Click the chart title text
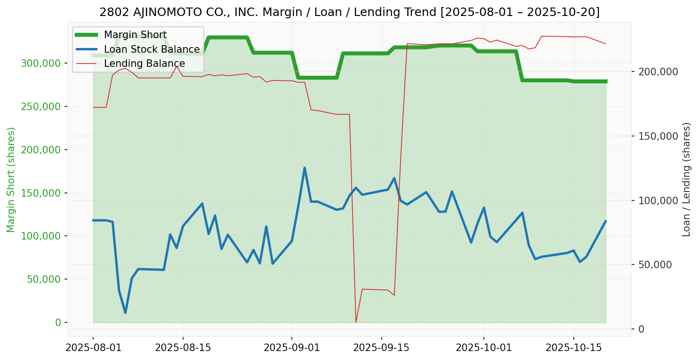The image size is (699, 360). [x=349, y=12]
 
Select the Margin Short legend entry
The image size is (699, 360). [x=135, y=35]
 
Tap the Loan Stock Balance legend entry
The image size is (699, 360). [x=152, y=49]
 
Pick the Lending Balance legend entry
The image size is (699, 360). [x=144, y=64]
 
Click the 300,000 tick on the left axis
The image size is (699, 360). [x=41, y=63]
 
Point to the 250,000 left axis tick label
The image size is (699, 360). [x=41, y=106]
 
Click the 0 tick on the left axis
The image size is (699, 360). [x=58, y=322]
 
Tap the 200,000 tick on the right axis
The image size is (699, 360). [x=658, y=72]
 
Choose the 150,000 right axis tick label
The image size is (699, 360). [x=658, y=136]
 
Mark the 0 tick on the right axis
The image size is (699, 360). [x=641, y=329]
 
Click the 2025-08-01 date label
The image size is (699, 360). [x=93, y=348]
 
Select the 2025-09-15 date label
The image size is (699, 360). [x=381, y=348]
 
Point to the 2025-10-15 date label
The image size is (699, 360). [x=573, y=348]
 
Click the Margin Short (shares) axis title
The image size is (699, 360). [x=11, y=179]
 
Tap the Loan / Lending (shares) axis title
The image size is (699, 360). [x=687, y=179]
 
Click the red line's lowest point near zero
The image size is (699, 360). [x=356, y=322]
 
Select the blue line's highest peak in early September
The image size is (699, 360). [x=305, y=168]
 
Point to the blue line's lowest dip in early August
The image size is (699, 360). [x=125, y=312]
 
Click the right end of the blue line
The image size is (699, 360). [x=605, y=221]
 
